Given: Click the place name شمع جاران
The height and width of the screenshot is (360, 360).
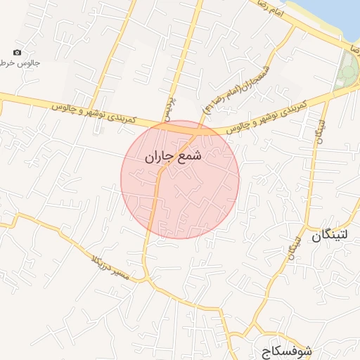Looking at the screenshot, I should point(172,157).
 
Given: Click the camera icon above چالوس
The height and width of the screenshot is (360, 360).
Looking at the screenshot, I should point(18,53).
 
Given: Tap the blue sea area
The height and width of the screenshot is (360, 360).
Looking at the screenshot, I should point(337,14).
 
